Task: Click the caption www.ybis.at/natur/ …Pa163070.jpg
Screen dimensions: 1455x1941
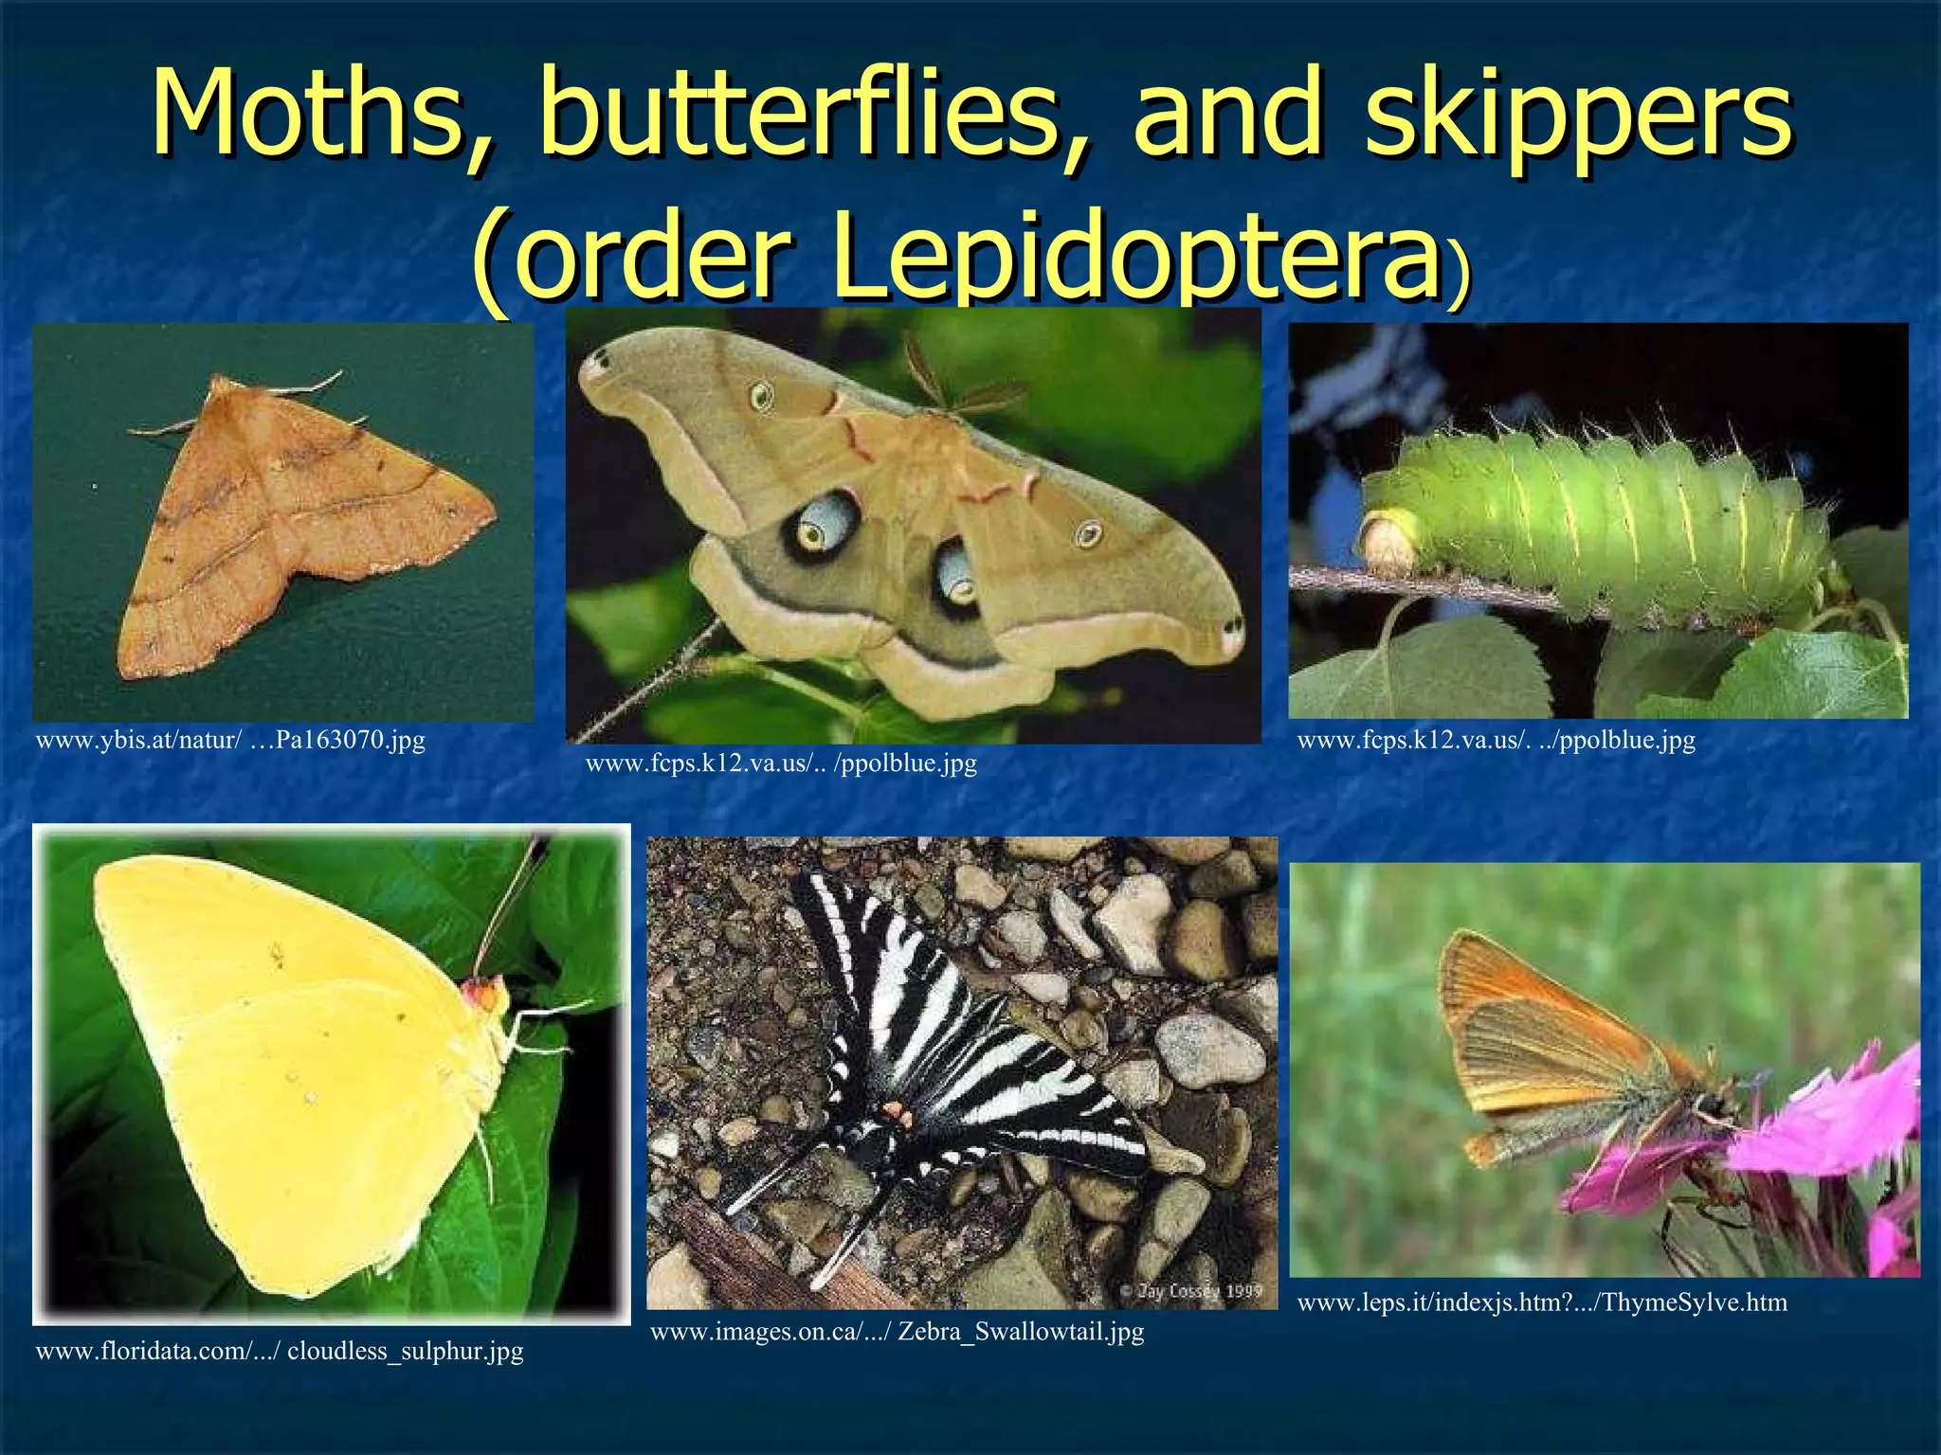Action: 230,740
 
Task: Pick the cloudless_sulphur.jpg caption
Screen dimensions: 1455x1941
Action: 280,1351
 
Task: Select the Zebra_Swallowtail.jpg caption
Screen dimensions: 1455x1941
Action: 897,1332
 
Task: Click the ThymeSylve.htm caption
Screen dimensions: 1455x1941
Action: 1542,1302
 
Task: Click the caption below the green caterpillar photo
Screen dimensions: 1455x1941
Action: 1496,740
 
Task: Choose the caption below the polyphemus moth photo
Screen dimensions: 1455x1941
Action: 781,763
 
